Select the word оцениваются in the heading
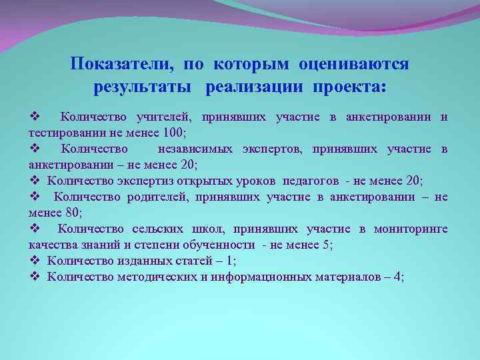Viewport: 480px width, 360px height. pyautogui.click(x=354, y=64)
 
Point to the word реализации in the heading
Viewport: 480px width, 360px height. pyautogui.click(x=253, y=88)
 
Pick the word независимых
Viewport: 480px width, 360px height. pyautogui.click(x=195, y=149)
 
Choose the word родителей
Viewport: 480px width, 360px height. pyautogui.click(x=157, y=196)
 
